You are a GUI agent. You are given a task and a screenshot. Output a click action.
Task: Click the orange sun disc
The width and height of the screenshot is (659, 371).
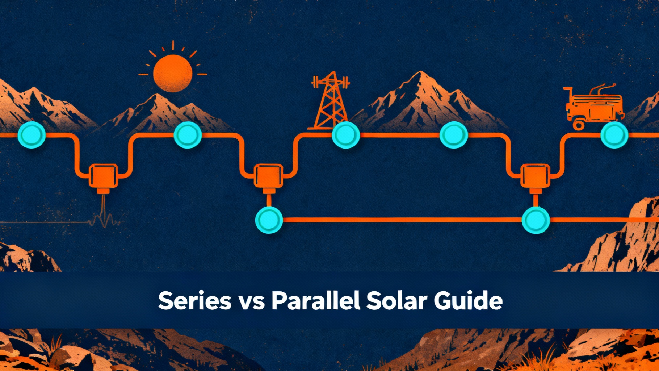[172, 74]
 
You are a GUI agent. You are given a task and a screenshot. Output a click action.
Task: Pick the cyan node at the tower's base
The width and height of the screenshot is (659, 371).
[346, 135]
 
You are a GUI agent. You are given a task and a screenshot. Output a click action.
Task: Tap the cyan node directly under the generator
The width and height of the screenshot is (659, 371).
[614, 135]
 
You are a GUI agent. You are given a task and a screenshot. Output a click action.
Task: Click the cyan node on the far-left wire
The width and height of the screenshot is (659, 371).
[32, 135]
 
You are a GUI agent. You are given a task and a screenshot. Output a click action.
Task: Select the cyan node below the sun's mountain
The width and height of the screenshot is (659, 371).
[188, 135]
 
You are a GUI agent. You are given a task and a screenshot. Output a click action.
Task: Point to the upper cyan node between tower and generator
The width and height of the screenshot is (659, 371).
[453, 135]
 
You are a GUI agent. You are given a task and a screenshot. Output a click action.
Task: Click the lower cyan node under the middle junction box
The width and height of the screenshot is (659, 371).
[269, 220]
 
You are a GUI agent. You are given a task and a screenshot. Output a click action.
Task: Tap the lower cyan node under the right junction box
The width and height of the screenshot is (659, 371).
[536, 220]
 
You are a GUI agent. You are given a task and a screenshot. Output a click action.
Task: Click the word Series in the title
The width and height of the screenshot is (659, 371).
[195, 300]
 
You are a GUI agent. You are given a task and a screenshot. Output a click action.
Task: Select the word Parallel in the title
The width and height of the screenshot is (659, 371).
[316, 300]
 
